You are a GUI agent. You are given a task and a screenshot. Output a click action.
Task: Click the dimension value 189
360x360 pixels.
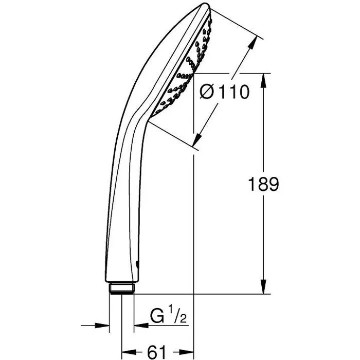click(x=263, y=184)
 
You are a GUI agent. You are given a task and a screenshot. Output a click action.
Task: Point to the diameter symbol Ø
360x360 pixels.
click(x=206, y=93)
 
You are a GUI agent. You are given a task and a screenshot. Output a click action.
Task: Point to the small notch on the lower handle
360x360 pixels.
click(x=138, y=264)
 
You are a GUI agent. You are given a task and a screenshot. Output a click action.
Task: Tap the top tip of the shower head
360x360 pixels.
click(x=205, y=7)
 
